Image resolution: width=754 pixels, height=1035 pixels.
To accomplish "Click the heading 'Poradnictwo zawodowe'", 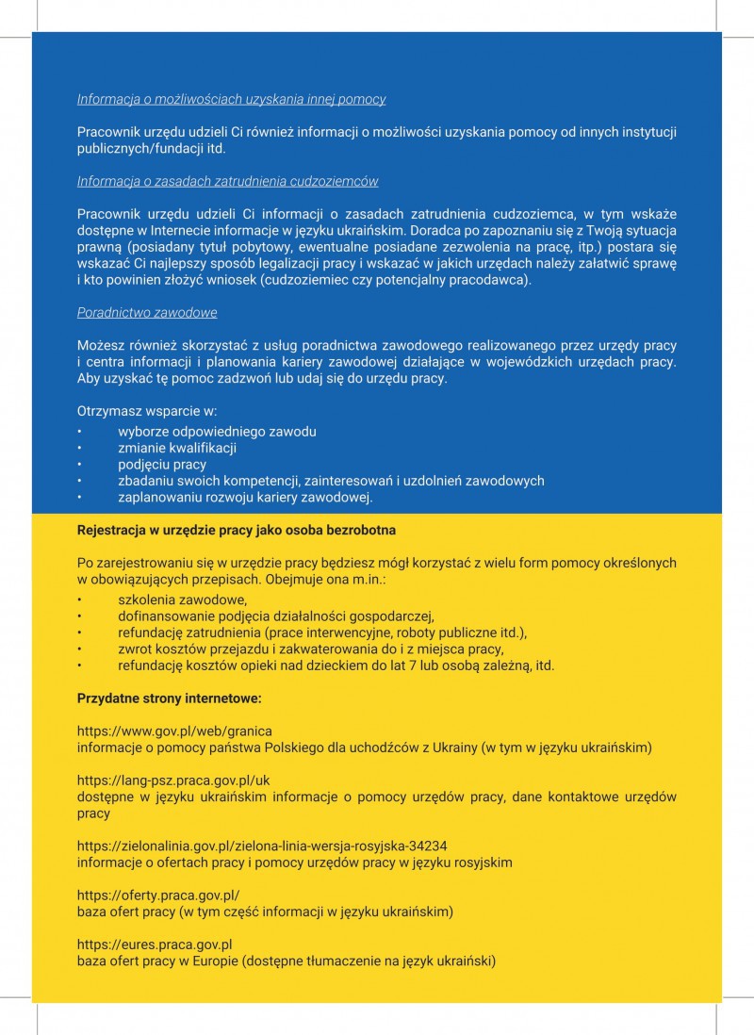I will pos(147,312).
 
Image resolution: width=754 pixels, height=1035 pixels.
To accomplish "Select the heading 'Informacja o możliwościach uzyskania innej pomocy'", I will pos(231,99).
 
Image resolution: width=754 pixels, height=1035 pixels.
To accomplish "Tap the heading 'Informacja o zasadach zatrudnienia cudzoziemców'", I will pos(227,181).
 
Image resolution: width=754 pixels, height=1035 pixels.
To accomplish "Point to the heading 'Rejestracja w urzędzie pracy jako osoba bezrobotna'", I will pos(236,530).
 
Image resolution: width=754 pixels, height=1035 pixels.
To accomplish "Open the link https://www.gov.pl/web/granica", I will pos(174,731).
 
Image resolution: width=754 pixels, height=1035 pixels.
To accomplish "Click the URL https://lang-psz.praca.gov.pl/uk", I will pos(173,780).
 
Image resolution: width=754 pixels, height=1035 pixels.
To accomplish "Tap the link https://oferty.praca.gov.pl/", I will pos(158,895).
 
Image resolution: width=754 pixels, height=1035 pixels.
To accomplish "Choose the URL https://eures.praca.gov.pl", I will pos(155,945).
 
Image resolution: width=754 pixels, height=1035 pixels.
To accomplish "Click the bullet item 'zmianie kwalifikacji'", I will pos(177,448).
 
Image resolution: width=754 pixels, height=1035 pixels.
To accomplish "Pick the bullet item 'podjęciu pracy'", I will pos(162,465).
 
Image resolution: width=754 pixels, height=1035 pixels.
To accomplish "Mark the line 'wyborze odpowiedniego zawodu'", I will pos(217,431).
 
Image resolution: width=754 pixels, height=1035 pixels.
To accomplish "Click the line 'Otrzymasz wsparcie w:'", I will pos(147,411).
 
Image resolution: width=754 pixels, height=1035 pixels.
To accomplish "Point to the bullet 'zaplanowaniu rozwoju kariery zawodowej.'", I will pos(245,498).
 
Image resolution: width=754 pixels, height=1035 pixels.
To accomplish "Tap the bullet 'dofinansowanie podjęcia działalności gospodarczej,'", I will pos(275,616).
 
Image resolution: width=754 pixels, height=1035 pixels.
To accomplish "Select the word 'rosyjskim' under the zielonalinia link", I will pos(484,862).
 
